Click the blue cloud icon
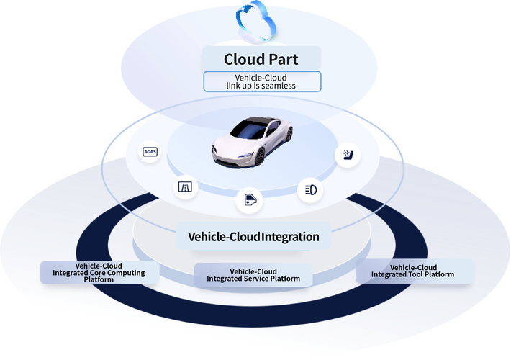pyautogui.click(x=256, y=21)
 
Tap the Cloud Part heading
pyautogui.click(x=261, y=59)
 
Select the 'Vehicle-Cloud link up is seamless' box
pyautogui.click(x=262, y=81)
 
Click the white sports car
pyautogui.click(x=253, y=142)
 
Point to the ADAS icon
pyautogui.click(x=150, y=152)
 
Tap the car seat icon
pyautogui.click(x=348, y=155)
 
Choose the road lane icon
pyautogui.click(x=185, y=187)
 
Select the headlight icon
pyautogui.click(x=311, y=190)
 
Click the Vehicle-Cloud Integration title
pyautogui.click(x=253, y=237)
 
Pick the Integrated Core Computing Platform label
pyautogui.click(x=99, y=273)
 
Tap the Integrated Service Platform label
pyautogui.click(x=253, y=275)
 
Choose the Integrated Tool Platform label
pyautogui.click(x=413, y=271)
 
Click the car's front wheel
pyautogui.click(x=260, y=156)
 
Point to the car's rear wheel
pyautogui.click(x=289, y=134)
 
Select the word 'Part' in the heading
pyautogui.click(x=283, y=59)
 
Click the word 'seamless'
pyautogui.click(x=279, y=86)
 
